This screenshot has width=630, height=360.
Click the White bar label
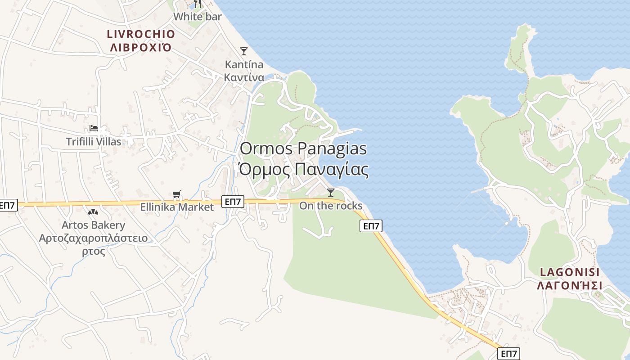pyautogui.click(x=198, y=17)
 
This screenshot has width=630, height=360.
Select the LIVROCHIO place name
pyautogui.click(x=141, y=34)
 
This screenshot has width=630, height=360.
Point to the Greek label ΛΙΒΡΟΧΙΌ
pyautogui.click(x=141, y=47)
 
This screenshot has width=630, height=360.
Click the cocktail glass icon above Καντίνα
pyautogui.click(x=244, y=51)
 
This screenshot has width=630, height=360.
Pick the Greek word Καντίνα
pyautogui.click(x=244, y=77)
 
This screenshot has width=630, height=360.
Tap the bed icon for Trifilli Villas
pyautogui.click(x=94, y=129)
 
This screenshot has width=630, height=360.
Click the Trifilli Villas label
pyautogui.click(x=94, y=142)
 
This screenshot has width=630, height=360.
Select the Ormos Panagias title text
pyautogui.click(x=303, y=149)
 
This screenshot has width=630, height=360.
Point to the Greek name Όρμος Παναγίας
pyautogui.click(x=303, y=170)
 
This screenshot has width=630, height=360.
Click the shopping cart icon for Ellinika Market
pyautogui.click(x=177, y=195)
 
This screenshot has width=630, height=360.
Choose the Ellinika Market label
pyautogui.click(x=177, y=207)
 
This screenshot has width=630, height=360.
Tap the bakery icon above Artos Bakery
pyautogui.click(x=93, y=211)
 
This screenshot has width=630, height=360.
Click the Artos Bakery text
pyautogui.click(x=94, y=225)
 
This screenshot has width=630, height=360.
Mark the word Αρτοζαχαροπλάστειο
pyautogui.click(x=94, y=238)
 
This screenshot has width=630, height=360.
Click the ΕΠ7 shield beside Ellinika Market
pyautogui.click(x=233, y=202)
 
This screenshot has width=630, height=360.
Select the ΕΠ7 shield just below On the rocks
pyautogui.click(x=371, y=226)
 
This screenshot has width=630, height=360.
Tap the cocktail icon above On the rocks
pyautogui.click(x=331, y=193)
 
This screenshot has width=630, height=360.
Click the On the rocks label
pyautogui.click(x=331, y=206)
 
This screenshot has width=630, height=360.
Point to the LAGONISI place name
pyautogui.click(x=570, y=272)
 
